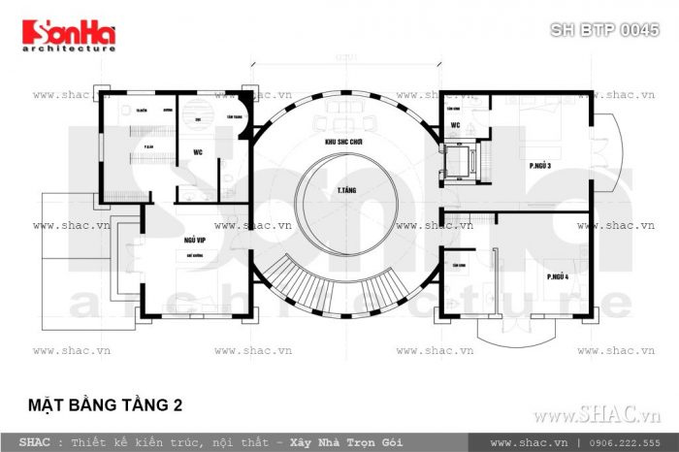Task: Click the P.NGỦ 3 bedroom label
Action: coord(540,166)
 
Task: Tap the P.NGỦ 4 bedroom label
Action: coord(556,278)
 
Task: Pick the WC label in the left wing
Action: coord(197,152)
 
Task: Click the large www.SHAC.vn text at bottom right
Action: coord(596,415)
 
